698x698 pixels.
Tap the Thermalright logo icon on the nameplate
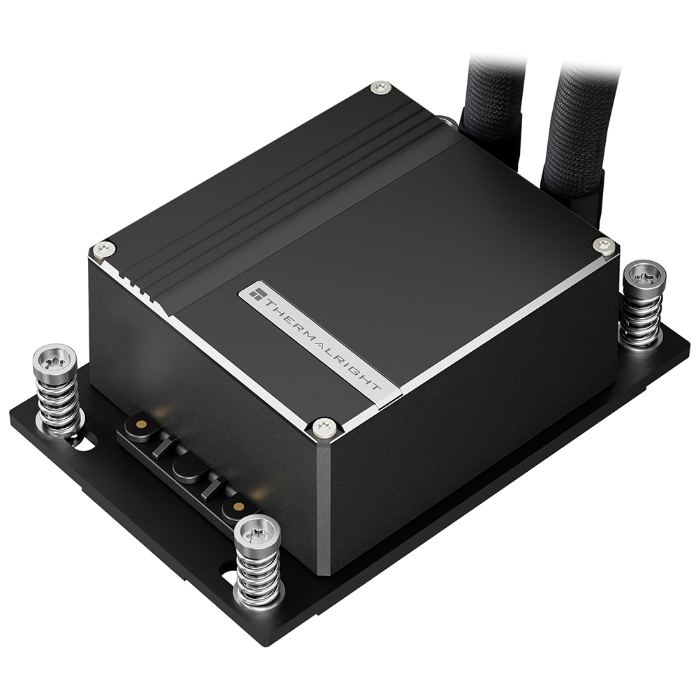(257, 293)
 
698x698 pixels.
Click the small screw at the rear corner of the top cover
(380, 87)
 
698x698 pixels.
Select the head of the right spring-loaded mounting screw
(644, 278)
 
